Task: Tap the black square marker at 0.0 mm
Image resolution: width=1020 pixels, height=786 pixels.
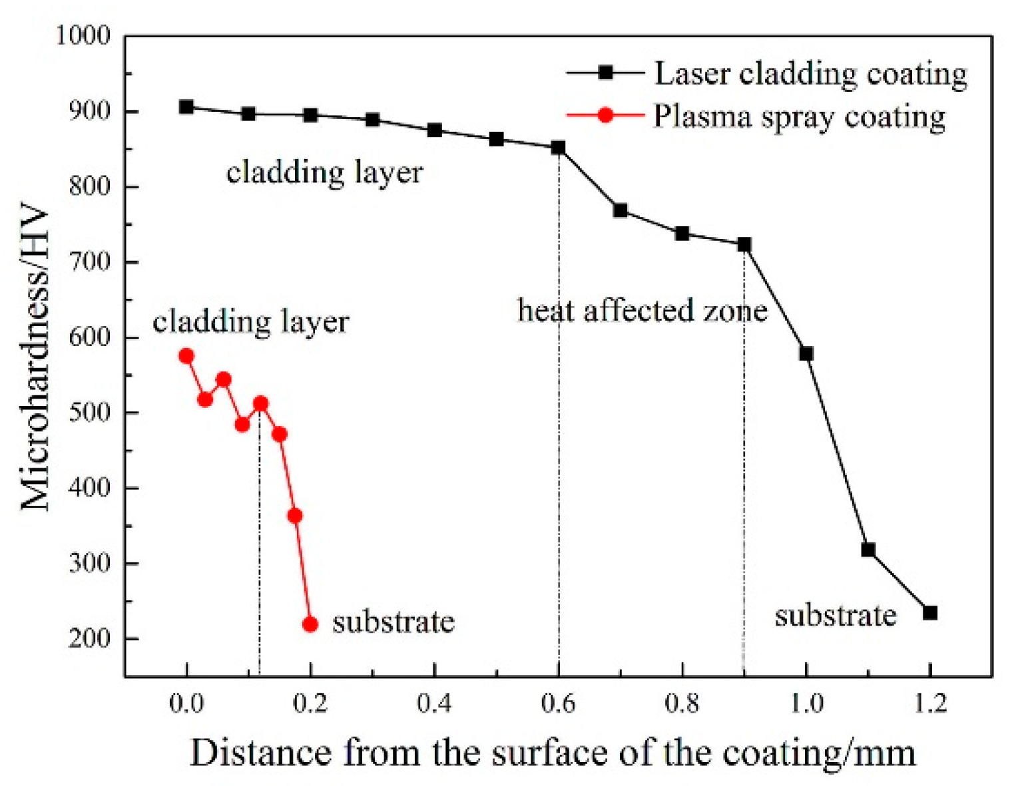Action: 186,107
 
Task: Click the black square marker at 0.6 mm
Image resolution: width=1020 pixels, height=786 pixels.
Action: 558,148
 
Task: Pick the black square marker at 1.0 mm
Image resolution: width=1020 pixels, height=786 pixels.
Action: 806,353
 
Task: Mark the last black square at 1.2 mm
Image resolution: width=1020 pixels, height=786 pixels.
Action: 930,613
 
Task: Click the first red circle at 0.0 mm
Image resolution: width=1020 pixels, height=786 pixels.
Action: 186,356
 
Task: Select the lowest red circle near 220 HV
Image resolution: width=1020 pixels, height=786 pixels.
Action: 310,624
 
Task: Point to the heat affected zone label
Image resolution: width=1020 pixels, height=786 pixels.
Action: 642,311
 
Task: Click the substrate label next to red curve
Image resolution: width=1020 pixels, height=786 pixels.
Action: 393,622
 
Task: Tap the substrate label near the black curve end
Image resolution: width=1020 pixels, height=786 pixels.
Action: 835,616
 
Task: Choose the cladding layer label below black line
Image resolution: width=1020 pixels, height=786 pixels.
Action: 324,173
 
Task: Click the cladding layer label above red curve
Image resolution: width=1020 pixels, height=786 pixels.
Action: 250,322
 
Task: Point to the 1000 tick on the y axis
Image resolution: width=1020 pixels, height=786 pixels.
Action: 83,35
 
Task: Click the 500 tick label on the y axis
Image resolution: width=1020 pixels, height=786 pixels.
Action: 90,412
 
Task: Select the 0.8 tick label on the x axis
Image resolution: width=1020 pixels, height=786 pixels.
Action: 682,703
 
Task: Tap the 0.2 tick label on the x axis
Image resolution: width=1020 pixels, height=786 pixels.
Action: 310,703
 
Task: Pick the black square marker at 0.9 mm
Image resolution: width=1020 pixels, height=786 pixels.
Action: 744,245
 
